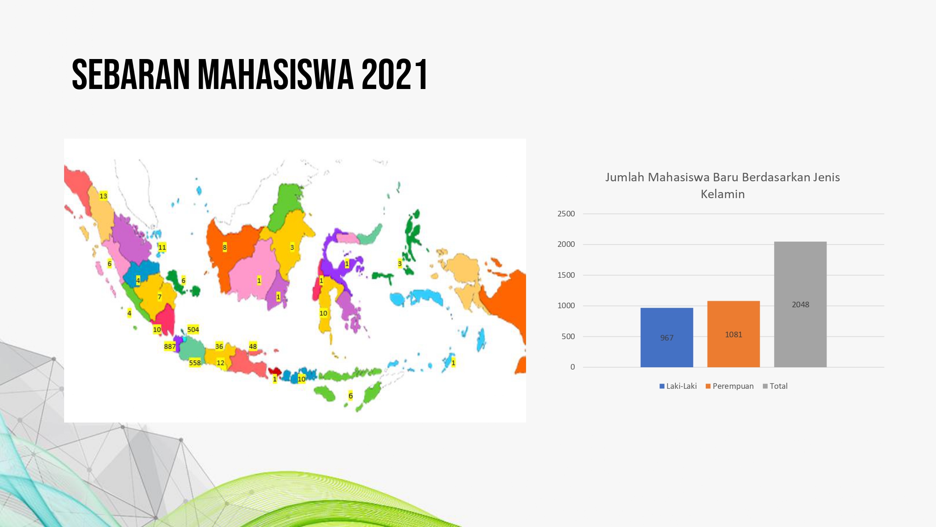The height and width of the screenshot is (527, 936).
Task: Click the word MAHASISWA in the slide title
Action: (x=276, y=74)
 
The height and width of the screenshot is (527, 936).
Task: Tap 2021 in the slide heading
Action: (x=395, y=74)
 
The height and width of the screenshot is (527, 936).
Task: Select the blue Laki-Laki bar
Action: (x=666, y=337)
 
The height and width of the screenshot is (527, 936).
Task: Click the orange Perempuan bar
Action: (x=733, y=334)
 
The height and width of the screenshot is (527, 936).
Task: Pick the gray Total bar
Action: (x=800, y=304)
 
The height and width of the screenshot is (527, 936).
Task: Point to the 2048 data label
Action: (x=800, y=304)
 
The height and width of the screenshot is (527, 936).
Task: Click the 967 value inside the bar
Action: (x=667, y=338)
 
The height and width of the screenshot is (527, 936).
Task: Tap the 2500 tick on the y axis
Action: (x=566, y=214)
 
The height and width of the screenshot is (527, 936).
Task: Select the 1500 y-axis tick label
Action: (x=566, y=275)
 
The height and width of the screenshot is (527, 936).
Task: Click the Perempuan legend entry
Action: (x=730, y=386)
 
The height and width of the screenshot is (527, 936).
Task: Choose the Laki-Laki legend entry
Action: (x=678, y=386)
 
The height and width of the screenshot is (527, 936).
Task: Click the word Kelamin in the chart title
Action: (x=723, y=194)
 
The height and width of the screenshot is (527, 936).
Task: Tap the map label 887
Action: (x=170, y=347)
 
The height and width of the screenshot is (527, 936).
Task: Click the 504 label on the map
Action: (x=193, y=329)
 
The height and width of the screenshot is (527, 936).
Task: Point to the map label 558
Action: (x=195, y=363)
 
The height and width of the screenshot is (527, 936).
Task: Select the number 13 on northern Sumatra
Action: (x=103, y=196)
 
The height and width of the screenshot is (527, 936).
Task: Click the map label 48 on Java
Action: (x=253, y=347)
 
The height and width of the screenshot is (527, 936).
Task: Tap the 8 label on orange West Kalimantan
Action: (x=225, y=247)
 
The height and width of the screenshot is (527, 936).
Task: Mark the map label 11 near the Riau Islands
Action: (x=162, y=247)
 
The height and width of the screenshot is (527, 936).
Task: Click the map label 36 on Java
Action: (x=219, y=347)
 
